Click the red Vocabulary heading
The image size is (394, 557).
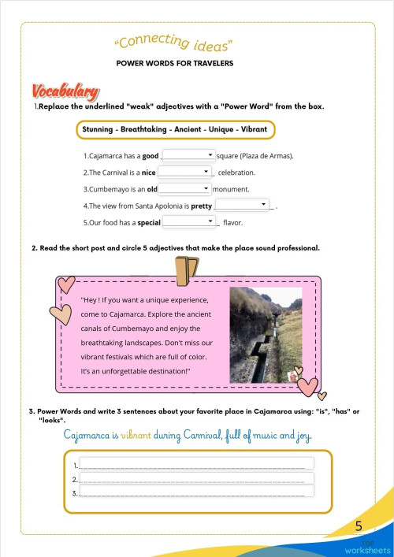(x=65, y=91)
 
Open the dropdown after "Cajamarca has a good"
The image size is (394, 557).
(x=188, y=155)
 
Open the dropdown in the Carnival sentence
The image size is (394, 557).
(x=186, y=172)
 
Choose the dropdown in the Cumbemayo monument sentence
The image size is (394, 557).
(x=185, y=189)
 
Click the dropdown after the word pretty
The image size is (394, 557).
(x=242, y=205)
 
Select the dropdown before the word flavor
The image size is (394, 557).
(x=188, y=223)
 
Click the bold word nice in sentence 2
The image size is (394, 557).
(x=148, y=173)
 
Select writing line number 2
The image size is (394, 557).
(x=196, y=478)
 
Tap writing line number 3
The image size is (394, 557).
(x=196, y=492)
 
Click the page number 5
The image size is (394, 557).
(x=359, y=526)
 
